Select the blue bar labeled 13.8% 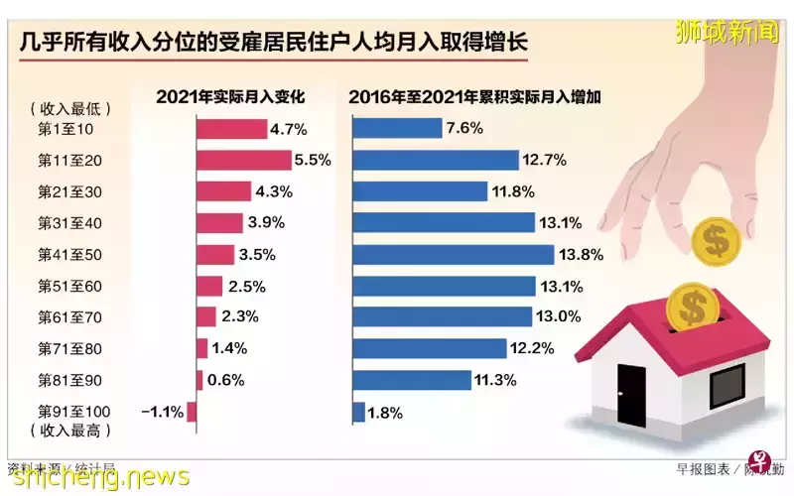click(x=454, y=254)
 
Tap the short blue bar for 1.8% click(x=358, y=412)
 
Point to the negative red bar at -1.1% click(x=192, y=412)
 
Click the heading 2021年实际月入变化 click(x=229, y=97)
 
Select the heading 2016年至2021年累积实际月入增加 click(x=477, y=97)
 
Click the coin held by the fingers click(x=713, y=242)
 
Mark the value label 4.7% click(x=288, y=128)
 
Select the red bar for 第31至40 click(x=219, y=223)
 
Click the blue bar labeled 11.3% click(x=412, y=380)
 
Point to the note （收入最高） click(x=71, y=432)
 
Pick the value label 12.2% click(x=561, y=348)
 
